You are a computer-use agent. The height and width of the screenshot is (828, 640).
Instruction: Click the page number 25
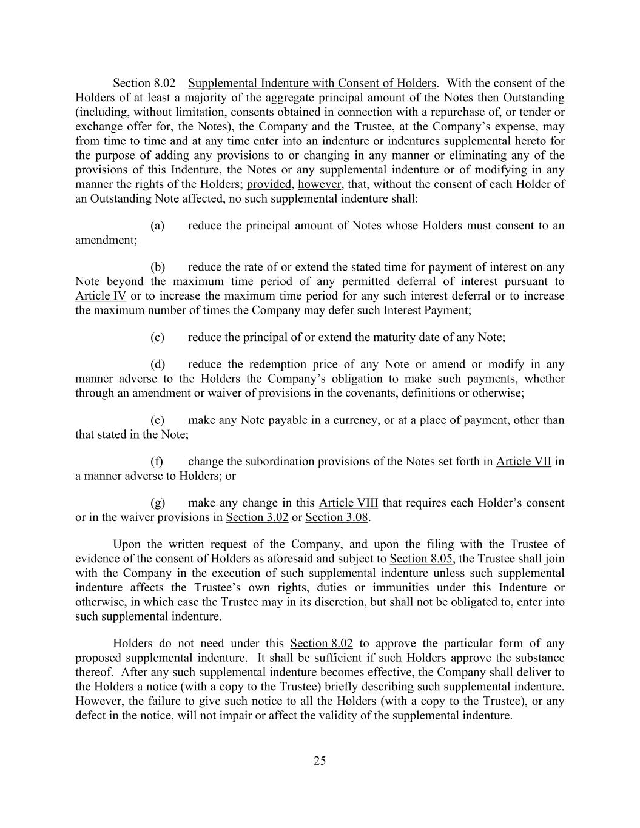click(x=320, y=761)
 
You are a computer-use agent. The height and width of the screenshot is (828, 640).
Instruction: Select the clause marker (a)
click(x=157, y=226)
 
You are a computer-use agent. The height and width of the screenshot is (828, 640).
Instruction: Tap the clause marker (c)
click(x=157, y=337)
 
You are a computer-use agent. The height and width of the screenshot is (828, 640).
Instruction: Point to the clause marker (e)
click(x=157, y=420)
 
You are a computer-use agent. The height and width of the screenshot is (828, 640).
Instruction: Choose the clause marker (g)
click(x=157, y=503)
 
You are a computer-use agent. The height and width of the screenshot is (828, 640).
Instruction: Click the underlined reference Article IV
click(x=101, y=296)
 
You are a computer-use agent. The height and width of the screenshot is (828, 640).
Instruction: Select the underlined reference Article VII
click(x=524, y=462)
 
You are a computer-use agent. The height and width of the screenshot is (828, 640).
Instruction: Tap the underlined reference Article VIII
click(x=348, y=503)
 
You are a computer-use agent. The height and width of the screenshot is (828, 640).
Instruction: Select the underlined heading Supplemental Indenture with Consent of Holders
click(x=312, y=83)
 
